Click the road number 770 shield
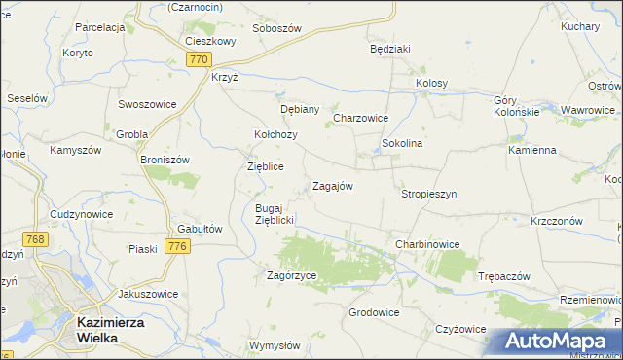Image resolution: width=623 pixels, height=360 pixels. [199, 59]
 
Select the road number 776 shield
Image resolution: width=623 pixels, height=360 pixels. [176, 247]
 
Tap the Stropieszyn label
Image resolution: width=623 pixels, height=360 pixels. [428, 194]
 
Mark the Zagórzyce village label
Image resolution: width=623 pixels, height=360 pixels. [292, 275]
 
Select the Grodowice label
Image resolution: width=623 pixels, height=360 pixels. [375, 312]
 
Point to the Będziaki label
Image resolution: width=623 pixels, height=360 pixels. [390, 47]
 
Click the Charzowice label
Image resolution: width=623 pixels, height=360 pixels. [361, 118]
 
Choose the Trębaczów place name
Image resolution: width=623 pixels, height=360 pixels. [503, 276]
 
